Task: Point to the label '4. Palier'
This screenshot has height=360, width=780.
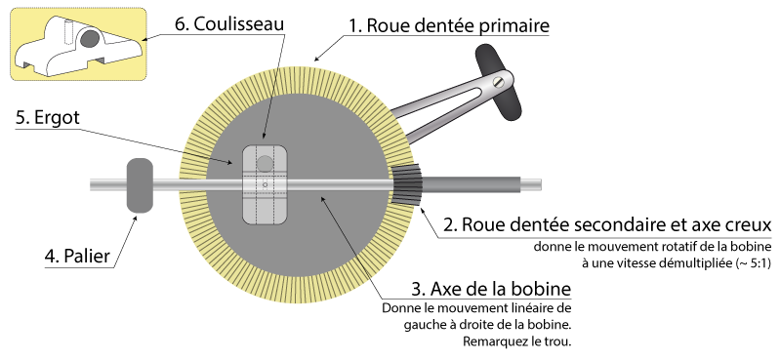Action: coord(76,258)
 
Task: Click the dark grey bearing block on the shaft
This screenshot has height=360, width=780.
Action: coord(140,185)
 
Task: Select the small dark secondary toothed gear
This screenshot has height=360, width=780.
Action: coord(407,185)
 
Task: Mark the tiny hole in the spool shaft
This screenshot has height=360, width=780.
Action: coord(265,183)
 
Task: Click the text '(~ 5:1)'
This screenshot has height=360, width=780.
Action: coord(748,262)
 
